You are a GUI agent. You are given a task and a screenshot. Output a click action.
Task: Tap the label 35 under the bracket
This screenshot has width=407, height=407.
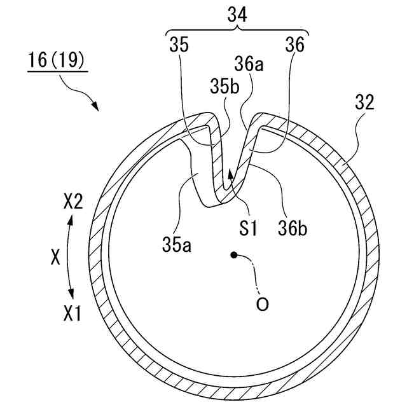179,45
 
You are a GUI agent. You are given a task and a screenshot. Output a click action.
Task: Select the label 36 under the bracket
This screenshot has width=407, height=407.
295,45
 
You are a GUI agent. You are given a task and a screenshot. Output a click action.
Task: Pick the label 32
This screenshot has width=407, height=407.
365,102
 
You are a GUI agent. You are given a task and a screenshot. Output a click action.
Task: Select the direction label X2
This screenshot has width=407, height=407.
74,203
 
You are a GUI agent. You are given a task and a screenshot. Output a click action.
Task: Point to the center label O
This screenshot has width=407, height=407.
262,304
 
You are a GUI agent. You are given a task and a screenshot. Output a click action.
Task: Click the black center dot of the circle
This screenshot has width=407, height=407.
234,256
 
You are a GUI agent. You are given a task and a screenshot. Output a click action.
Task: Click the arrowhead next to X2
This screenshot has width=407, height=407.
70,219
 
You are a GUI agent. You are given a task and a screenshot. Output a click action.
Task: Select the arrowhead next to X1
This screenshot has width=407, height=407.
71,294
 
